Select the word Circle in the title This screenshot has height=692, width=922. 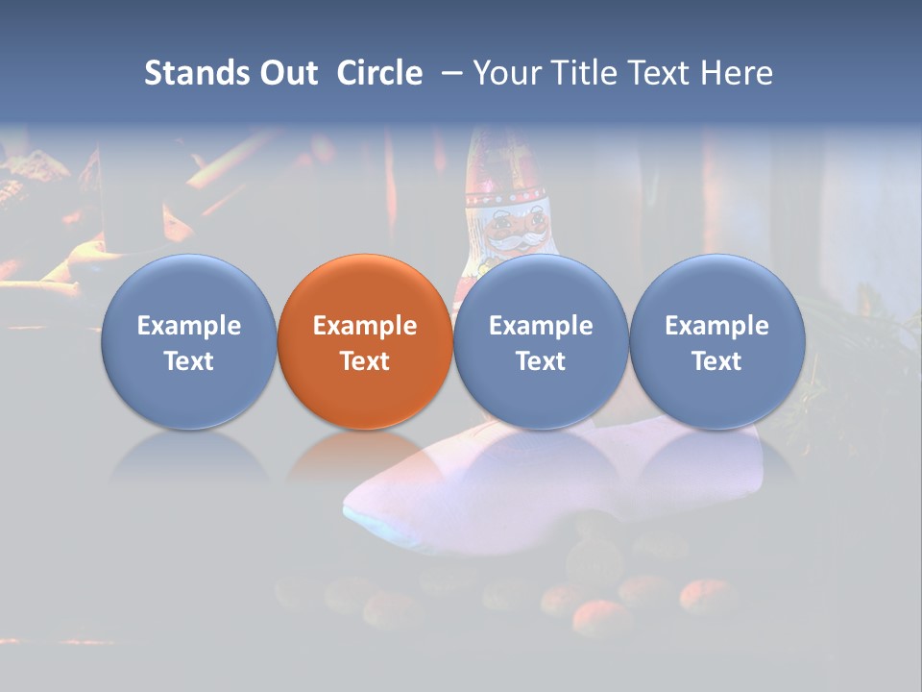379,73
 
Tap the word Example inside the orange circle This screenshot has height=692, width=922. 365,326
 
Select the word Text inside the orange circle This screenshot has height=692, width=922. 365,361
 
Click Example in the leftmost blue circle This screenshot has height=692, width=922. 189,326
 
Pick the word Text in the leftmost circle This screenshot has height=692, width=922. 189,361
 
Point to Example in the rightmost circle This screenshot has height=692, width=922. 717,326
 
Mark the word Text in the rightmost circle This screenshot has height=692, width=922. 717,361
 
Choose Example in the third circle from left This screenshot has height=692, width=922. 541,326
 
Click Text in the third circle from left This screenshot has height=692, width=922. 541,361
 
